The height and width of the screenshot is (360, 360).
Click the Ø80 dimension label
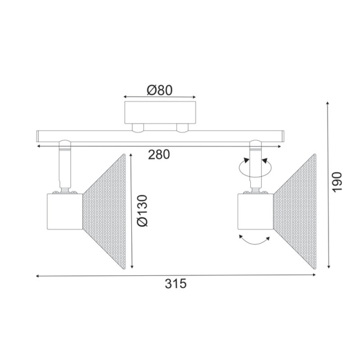click(160, 89)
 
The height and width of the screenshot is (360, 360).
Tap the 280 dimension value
click(159, 154)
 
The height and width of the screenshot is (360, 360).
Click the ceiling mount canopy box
click(160, 113)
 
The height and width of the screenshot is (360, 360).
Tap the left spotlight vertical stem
click(63, 168)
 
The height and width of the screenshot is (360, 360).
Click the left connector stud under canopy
click(139, 127)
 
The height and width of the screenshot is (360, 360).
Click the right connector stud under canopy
click(182, 127)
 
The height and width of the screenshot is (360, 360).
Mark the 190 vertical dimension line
click(328, 186)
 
